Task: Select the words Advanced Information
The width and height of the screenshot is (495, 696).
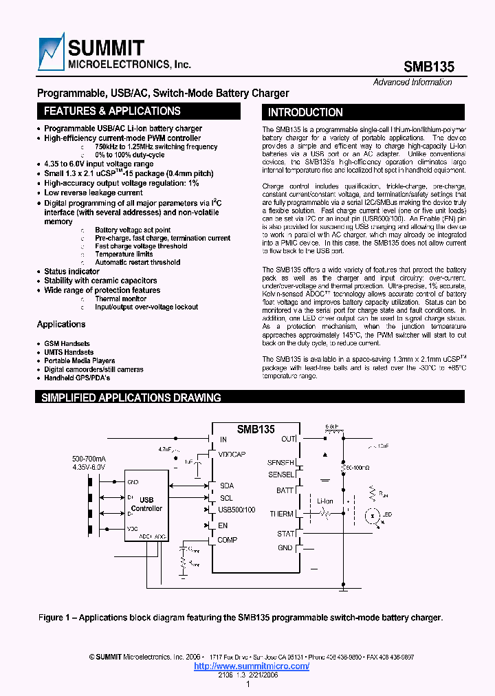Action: click(412, 83)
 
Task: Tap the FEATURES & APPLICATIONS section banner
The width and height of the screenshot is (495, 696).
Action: click(112, 111)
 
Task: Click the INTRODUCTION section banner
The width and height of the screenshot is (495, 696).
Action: click(305, 113)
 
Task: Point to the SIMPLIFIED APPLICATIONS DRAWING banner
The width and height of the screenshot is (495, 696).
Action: click(131, 398)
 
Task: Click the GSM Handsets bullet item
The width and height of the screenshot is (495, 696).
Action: click(67, 343)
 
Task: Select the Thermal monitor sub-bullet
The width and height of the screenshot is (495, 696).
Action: click(120, 299)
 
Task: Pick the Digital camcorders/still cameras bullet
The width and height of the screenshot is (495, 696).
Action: click(93, 369)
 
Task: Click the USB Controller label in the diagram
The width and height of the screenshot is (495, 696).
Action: click(146, 504)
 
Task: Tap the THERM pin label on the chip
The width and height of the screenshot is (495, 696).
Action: click(282, 514)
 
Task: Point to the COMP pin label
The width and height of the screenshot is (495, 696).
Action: click(227, 540)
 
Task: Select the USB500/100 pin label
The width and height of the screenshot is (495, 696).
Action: click(237, 510)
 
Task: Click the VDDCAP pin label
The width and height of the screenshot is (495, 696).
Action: click(232, 455)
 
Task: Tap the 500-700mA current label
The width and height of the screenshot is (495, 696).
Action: click(89, 459)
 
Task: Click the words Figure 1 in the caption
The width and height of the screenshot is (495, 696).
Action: click(55, 618)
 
